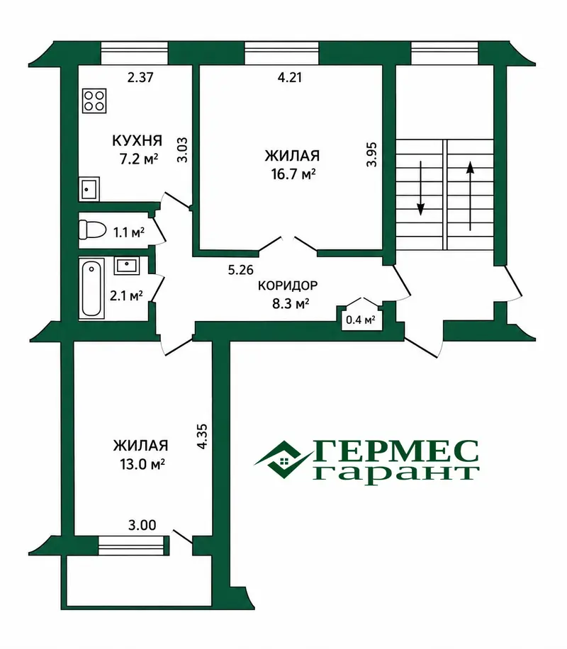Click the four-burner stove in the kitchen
(x=94, y=101)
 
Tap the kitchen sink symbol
(x=89, y=189)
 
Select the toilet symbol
(x=92, y=230)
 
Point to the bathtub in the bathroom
(x=91, y=289)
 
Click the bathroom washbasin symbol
(x=126, y=265)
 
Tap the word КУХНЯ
(x=137, y=141)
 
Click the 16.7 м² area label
(x=293, y=174)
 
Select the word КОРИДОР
(x=288, y=286)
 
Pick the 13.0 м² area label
(x=142, y=464)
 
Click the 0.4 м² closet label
(x=360, y=320)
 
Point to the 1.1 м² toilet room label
(x=129, y=232)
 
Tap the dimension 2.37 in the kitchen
(x=140, y=77)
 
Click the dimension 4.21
(x=289, y=77)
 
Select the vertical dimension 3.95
(x=371, y=154)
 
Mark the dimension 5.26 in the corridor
(x=241, y=270)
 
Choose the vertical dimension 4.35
(x=202, y=436)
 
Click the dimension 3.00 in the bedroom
(x=142, y=525)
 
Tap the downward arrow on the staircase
(x=421, y=188)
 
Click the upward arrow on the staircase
(x=470, y=196)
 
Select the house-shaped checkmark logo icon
(x=283, y=460)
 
